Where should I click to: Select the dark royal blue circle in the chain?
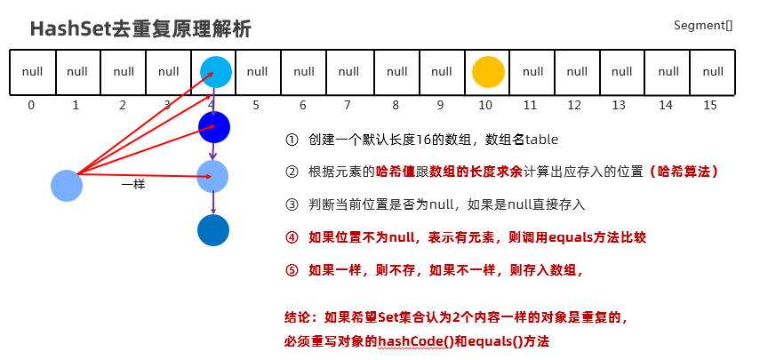pos(214,127)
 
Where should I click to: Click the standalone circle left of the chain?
pos(67,185)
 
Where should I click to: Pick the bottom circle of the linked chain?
pos(213,229)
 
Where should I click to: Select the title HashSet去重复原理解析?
pos(140,28)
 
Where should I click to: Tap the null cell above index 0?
pos(32,72)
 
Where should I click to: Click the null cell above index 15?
pos(713,72)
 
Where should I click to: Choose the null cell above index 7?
pos(349,72)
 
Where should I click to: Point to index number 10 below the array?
pos(484,105)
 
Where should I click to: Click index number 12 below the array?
pos(574,105)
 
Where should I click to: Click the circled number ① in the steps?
pos(292,140)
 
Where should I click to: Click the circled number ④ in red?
pos(292,237)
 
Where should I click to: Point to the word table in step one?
pos(541,140)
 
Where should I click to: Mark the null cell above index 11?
pos(532,72)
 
